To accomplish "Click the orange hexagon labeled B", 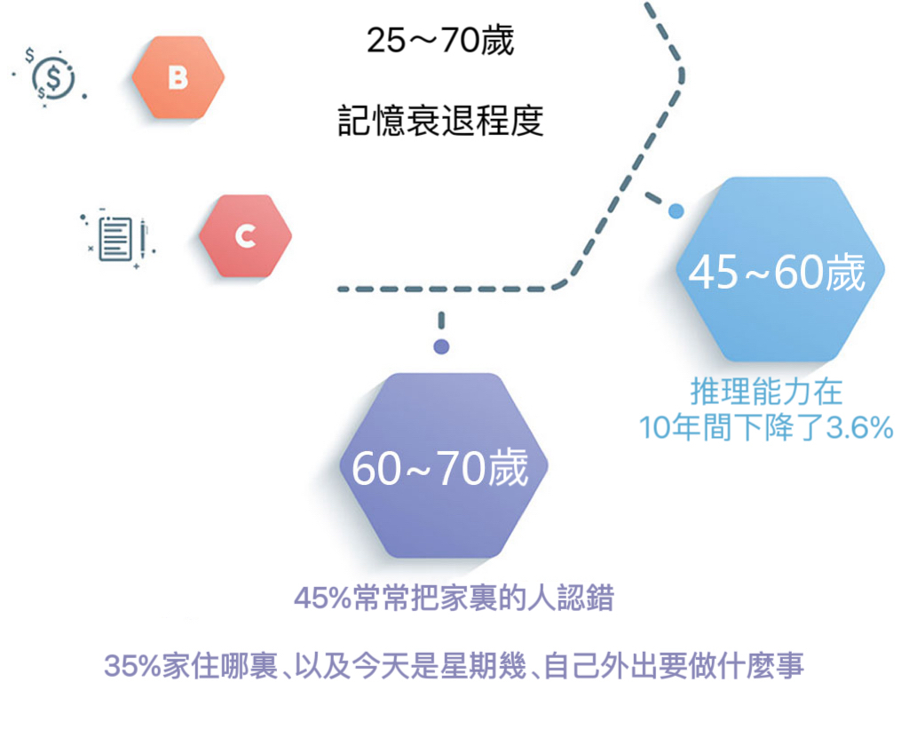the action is tap(178, 78).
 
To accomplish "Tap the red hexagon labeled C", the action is tap(245, 236).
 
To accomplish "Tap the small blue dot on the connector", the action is tap(676, 211).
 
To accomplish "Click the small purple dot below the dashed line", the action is tap(440, 346).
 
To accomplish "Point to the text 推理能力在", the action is tap(766, 392).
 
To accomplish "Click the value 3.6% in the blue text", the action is tap(858, 429).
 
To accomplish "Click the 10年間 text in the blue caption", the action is tap(696, 429).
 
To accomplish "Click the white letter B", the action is tap(178, 78).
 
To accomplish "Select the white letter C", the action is tap(245, 236).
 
